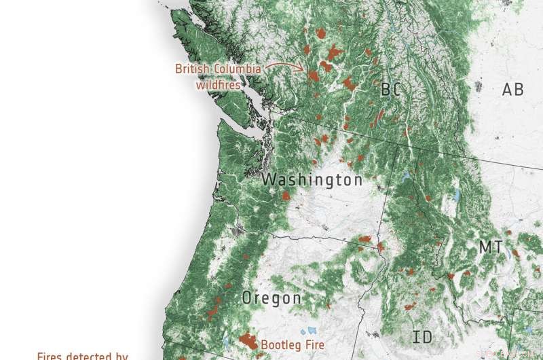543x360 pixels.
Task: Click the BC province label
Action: tap(391, 90)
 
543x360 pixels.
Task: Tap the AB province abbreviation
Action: tap(512, 89)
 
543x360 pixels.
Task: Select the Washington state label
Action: tap(312, 180)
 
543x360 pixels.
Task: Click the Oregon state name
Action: tap(271, 298)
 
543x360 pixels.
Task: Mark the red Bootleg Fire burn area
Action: tap(246, 340)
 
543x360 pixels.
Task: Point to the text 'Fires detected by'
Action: tap(82, 355)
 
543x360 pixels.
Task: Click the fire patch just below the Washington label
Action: tap(286, 196)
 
